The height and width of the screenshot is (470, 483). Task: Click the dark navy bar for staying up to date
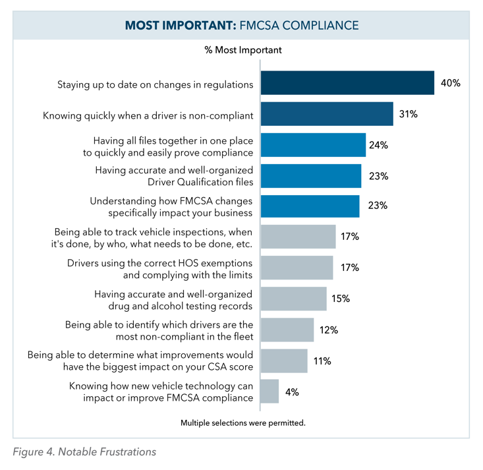point(347,84)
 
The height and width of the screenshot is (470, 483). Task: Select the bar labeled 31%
point(327,114)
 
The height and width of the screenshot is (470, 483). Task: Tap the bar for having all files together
point(313,145)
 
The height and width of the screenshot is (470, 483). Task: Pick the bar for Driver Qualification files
point(311,176)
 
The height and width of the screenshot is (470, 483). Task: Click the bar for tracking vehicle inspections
point(298,237)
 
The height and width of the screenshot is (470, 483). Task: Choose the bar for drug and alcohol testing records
point(294,299)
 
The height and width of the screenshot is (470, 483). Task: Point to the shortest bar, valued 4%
point(270,392)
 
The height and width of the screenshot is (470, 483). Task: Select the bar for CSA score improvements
point(284,361)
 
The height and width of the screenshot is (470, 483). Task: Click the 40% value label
point(450,84)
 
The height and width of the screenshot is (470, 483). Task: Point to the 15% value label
point(341,299)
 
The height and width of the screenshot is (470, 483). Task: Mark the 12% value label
point(328,330)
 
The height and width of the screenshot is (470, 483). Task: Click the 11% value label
point(322,361)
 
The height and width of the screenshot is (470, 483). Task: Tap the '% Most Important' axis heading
point(242,49)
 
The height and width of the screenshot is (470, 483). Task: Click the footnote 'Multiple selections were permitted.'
point(243,423)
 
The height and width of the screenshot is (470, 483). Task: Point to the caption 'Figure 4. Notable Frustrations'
point(84,453)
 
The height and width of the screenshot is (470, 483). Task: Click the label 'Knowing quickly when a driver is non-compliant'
point(148,115)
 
